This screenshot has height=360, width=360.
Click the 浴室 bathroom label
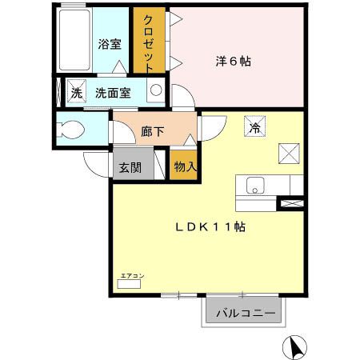click(x=109, y=44)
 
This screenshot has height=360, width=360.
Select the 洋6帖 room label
click(x=233, y=60)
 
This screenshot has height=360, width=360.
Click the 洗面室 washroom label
click(x=113, y=91)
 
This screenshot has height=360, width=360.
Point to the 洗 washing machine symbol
click(x=77, y=91)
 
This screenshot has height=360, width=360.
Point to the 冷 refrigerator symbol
click(x=255, y=127)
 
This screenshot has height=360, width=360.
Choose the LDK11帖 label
click(x=210, y=226)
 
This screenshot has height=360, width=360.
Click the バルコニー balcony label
click(x=246, y=313)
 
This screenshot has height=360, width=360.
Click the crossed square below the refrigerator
click(x=289, y=153)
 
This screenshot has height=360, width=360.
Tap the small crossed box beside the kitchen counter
click(x=289, y=203)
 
